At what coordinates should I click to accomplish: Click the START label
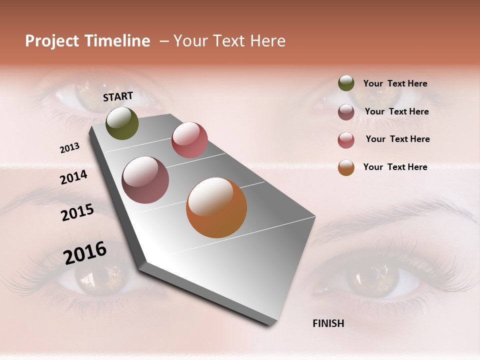118,96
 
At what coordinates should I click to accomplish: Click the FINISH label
328,323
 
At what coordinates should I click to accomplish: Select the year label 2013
70,148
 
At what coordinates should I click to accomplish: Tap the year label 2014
74,177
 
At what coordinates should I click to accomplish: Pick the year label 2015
77,213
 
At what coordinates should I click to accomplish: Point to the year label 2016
85,253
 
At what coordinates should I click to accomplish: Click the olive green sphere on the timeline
122,123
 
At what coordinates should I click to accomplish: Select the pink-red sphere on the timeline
189,139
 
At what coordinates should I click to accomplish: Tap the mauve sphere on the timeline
145,180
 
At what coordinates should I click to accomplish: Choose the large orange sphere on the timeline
216,207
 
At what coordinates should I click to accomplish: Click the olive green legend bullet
346,83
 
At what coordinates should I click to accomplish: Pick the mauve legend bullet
346,112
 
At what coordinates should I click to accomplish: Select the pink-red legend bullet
346,140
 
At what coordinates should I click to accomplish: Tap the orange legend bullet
346,167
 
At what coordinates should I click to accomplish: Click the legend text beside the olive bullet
395,83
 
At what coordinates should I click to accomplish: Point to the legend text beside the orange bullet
395,167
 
